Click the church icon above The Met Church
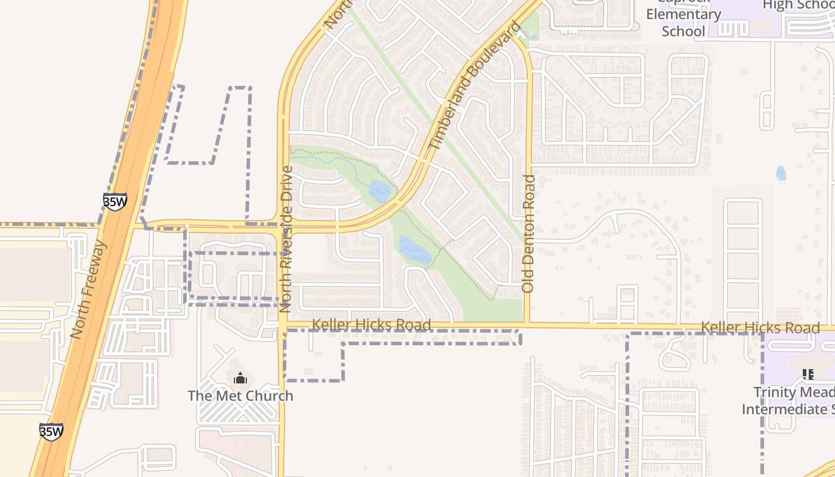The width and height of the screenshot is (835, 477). (x=240, y=378)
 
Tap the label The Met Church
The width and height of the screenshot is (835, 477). (x=240, y=396)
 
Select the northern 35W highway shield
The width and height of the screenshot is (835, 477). (x=115, y=202)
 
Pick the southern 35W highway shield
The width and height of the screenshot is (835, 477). (x=51, y=432)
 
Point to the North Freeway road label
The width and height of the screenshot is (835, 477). (x=89, y=290)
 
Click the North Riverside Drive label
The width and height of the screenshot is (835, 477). (x=286, y=238)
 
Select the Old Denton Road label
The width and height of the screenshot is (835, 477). (x=528, y=233)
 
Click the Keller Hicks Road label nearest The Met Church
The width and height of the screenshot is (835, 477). (x=371, y=325)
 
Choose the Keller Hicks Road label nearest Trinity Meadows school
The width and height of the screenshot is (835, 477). (x=760, y=328)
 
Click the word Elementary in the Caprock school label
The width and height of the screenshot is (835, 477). (x=684, y=15)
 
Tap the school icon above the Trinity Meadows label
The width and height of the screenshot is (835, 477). (x=808, y=374)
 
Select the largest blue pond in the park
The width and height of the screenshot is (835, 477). (x=415, y=250)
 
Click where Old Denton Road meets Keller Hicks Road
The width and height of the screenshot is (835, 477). (x=527, y=325)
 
